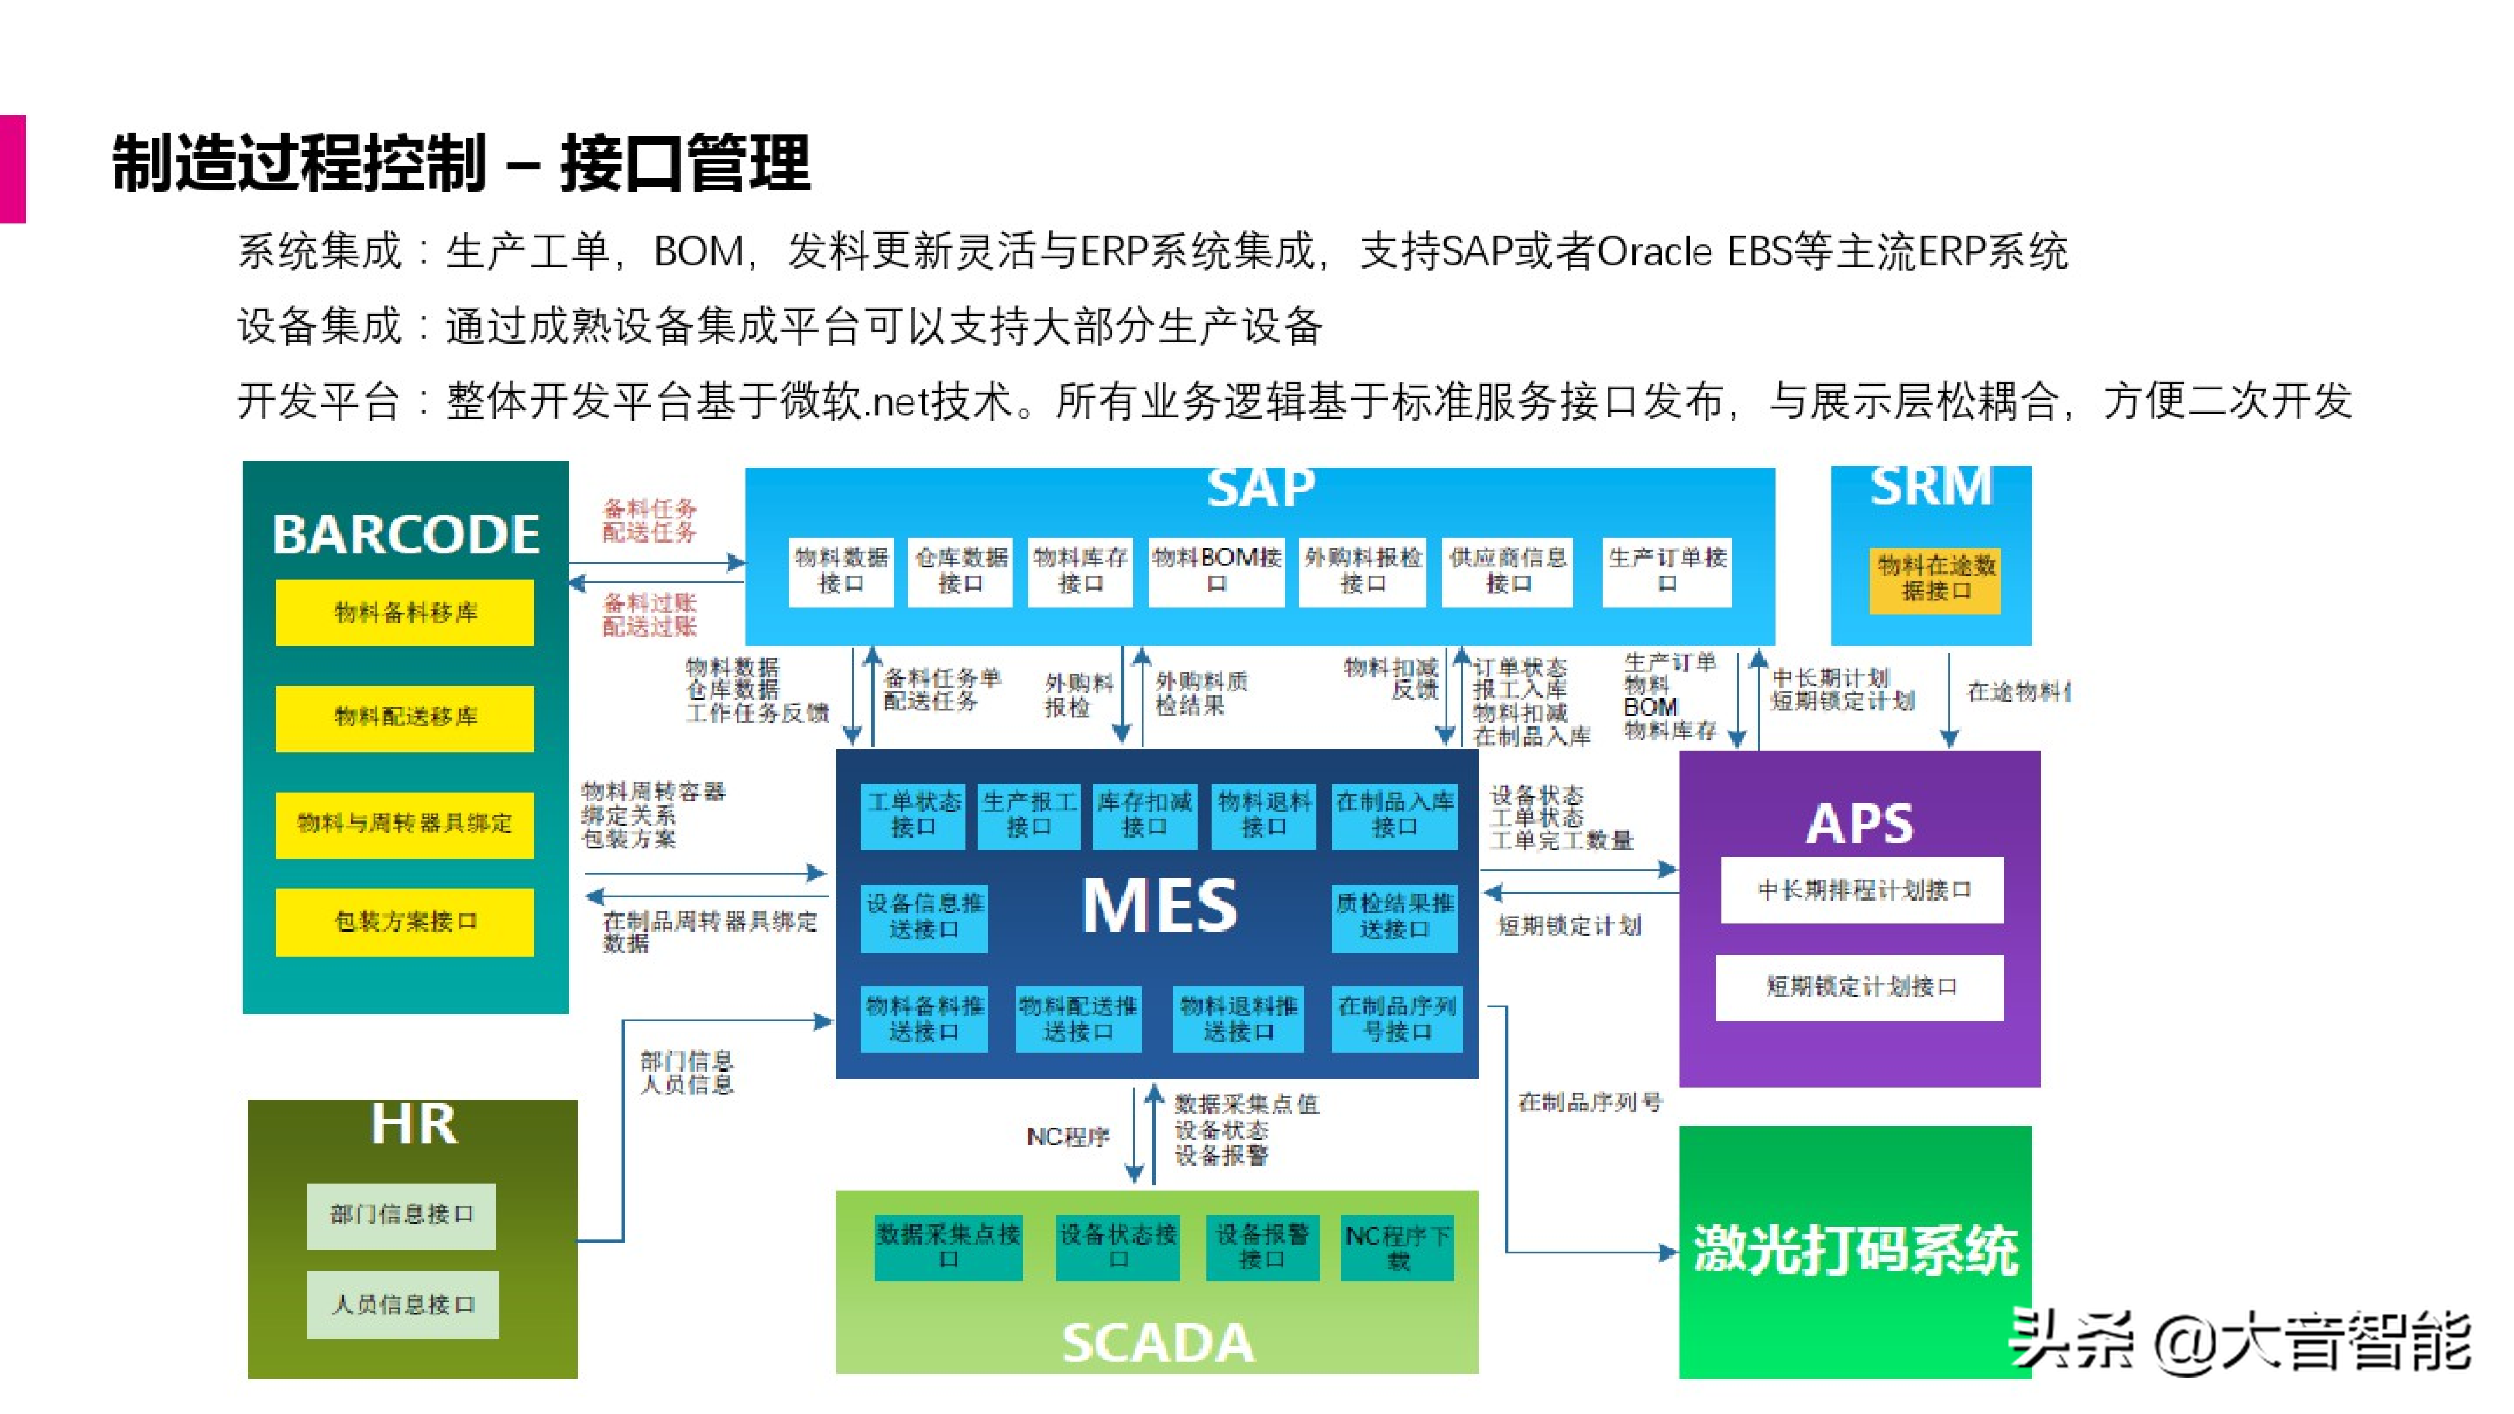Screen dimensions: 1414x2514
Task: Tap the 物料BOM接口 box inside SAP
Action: click(x=1216, y=571)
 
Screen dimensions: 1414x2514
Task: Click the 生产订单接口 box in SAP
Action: click(x=1667, y=571)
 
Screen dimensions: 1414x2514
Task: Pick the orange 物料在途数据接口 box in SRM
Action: click(x=1934, y=579)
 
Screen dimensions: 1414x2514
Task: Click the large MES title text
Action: click(x=1159, y=906)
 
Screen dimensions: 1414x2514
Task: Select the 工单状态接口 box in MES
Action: click(x=914, y=815)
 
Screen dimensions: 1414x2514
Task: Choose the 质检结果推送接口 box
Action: click(x=1394, y=916)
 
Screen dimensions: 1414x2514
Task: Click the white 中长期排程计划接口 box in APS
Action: click(x=1862, y=890)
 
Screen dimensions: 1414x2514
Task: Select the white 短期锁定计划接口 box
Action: click(x=1860, y=988)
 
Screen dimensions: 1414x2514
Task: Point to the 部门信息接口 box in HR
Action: click(x=401, y=1215)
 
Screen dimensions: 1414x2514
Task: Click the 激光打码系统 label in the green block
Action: click(x=1855, y=1250)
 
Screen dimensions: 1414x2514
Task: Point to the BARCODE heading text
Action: click(x=405, y=535)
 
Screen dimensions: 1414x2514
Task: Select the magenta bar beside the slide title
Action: click(x=13, y=169)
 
